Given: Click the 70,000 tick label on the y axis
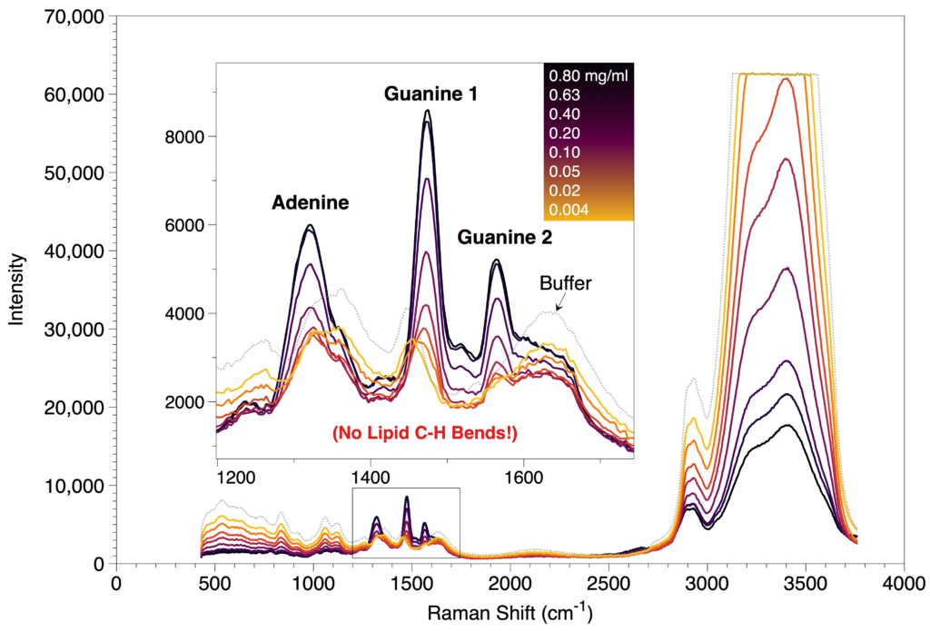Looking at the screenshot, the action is (x=74, y=17).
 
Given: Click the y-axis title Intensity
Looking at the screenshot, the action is (x=16, y=290).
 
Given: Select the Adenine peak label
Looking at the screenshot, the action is (x=311, y=202).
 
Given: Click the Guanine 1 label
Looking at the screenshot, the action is (x=430, y=94).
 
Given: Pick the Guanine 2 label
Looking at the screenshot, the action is (x=505, y=237).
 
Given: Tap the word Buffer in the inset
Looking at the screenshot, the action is (x=565, y=283).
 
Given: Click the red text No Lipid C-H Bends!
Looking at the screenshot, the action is (x=425, y=433).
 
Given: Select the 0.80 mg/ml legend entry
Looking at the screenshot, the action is (x=588, y=75).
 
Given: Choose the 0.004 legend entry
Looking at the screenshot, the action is (x=569, y=210).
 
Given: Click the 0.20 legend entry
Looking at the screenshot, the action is (x=565, y=133).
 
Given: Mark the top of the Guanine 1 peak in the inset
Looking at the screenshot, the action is (x=427, y=110).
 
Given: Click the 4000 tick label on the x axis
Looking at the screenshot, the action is (x=904, y=584).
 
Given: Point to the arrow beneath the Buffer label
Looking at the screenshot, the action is (x=559, y=302).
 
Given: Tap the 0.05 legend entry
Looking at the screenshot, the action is (x=565, y=172).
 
